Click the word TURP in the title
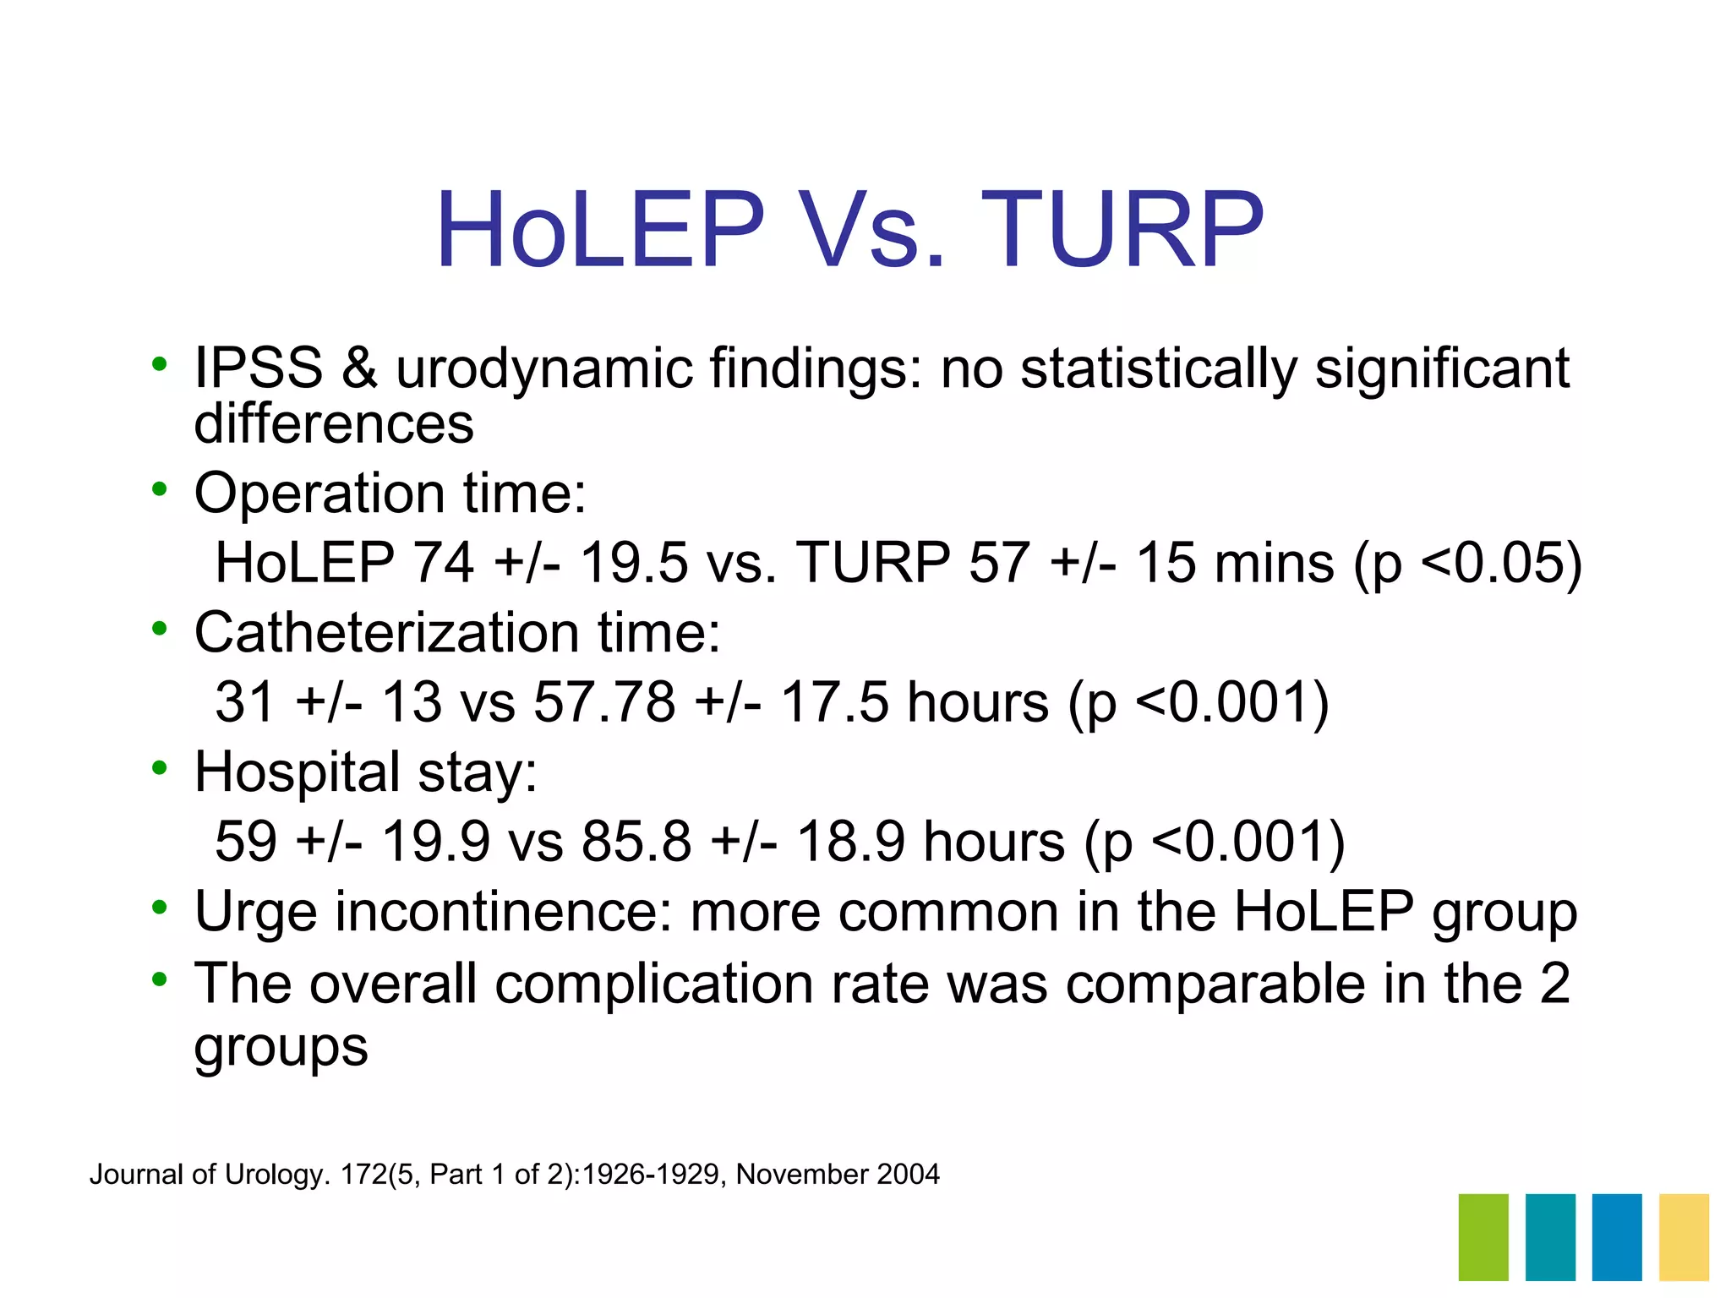click(1122, 230)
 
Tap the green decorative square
click(1483, 1236)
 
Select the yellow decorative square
click(1684, 1236)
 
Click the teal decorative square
click(1550, 1236)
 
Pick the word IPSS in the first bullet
click(259, 368)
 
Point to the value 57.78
click(604, 702)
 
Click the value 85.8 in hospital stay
click(636, 842)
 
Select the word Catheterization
click(387, 632)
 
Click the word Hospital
click(297, 772)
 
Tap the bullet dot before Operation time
click(159, 488)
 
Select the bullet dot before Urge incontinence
click(159, 908)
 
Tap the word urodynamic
click(543, 368)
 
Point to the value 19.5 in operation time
click(634, 563)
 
